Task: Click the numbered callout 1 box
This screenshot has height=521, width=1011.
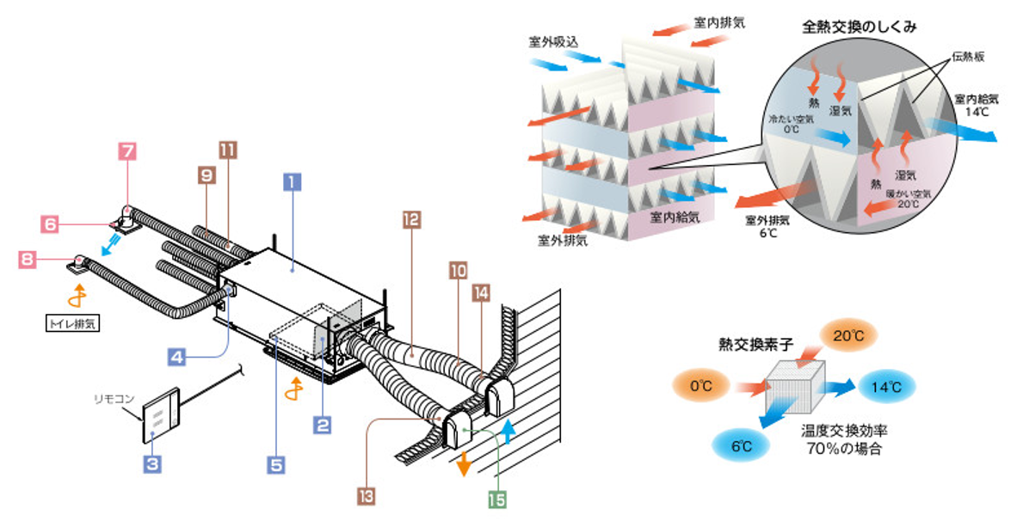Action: click(x=293, y=181)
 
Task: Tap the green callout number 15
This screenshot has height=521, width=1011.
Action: click(x=497, y=500)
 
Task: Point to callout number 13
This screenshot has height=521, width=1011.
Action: click(x=367, y=495)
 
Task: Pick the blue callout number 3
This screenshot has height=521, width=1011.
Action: click(x=152, y=464)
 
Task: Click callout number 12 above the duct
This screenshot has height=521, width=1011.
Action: click(x=410, y=218)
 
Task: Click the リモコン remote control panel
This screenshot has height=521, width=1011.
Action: click(x=162, y=416)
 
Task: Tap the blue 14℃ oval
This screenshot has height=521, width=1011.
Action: click(x=887, y=386)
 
